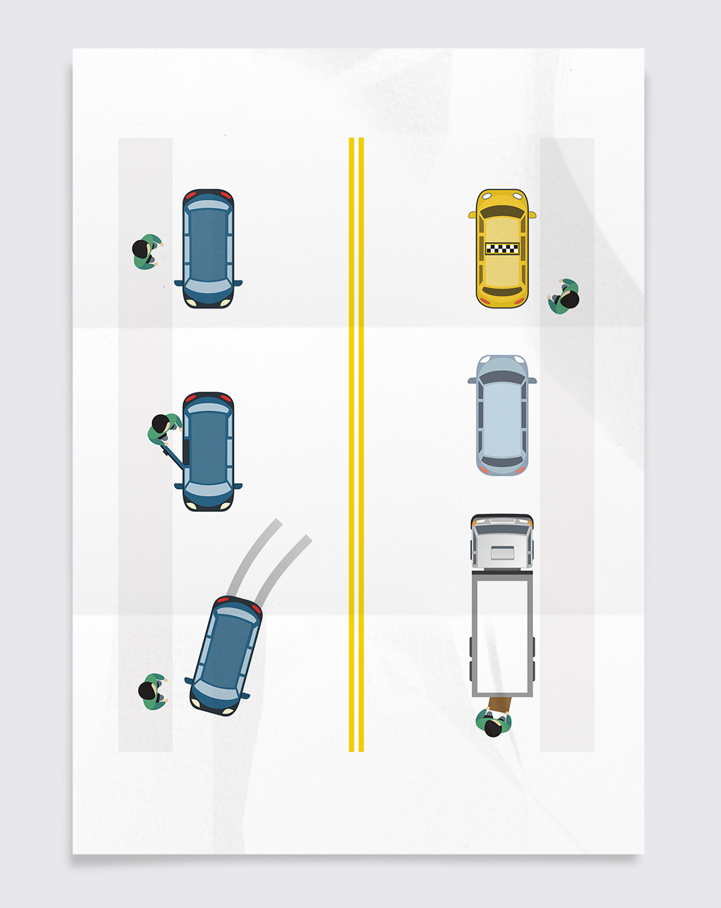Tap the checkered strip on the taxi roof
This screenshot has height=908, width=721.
pyautogui.click(x=502, y=248)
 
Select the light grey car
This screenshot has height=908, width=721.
pyautogui.click(x=502, y=415)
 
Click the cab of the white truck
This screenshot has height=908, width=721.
pyautogui.click(x=502, y=541)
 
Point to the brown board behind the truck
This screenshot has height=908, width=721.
pyautogui.click(x=500, y=704)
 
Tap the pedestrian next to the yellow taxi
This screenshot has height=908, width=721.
pyautogui.click(x=564, y=296)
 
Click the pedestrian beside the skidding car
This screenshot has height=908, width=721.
pyautogui.click(x=152, y=692)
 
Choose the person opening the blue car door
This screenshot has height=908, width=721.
pyautogui.click(x=163, y=427)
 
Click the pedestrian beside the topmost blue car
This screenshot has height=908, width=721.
pyautogui.click(x=146, y=251)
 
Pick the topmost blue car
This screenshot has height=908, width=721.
pyautogui.click(x=208, y=248)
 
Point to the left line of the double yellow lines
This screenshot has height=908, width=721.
pyautogui.click(x=351, y=445)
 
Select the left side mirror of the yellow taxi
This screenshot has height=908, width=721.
pyautogui.click(x=472, y=215)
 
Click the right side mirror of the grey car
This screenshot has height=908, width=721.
pyautogui.click(x=532, y=380)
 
